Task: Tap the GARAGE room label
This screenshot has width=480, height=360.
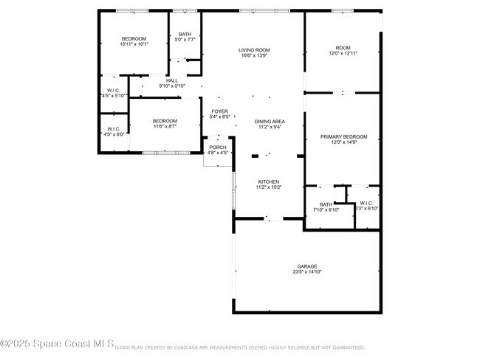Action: pyautogui.click(x=307, y=266)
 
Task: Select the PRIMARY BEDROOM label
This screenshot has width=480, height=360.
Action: pyautogui.click(x=343, y=136)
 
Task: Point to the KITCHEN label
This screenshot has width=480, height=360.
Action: pyautogui.click(x=268, y=181)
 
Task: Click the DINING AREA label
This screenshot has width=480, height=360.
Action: pyautogui.click(x=270, y=121)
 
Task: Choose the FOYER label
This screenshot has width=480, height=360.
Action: pyautogui.click(x=220, y=111)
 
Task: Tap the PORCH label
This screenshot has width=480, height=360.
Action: pyautogui.click(x=218, y=147)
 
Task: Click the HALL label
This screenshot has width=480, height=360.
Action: pyautogui.click(x=172, y=80)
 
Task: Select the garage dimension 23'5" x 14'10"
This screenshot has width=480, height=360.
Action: pyautogui.click(x=307, y=272)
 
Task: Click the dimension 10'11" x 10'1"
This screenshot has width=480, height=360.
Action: pyautogui.click(x=134, y=44)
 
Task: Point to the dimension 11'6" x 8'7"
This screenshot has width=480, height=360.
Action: pyautogui.click(x=165, y=127)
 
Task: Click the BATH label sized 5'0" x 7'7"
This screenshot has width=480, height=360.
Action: pyautogui.click(x=185, y=34)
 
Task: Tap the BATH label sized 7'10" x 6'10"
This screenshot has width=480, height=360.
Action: pyautogui.click(x=326, y=204)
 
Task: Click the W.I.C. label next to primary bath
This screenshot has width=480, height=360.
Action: pyautogui.click(x=366, y=204)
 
